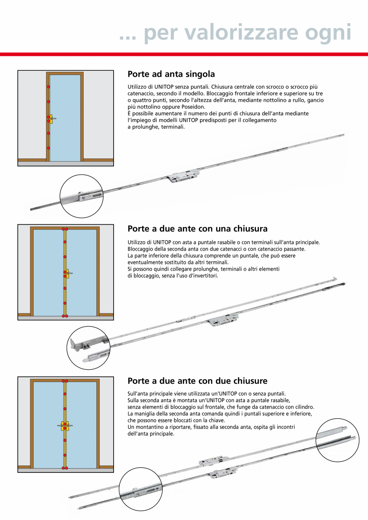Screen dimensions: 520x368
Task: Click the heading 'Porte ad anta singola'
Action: point(171,74)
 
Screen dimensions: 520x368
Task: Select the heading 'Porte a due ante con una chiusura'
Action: point(197,229)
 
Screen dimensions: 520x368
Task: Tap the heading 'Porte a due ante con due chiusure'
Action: point(197,381)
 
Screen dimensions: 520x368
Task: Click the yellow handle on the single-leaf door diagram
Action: point(51,119)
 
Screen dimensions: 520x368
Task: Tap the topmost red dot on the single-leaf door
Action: point(48,87)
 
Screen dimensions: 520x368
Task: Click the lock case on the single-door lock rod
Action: point(178,177)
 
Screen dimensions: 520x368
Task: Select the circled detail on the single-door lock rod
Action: point(82,196)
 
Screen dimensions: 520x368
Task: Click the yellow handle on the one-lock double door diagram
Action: point(66,274)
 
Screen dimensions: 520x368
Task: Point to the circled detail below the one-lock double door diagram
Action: point(88,347)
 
